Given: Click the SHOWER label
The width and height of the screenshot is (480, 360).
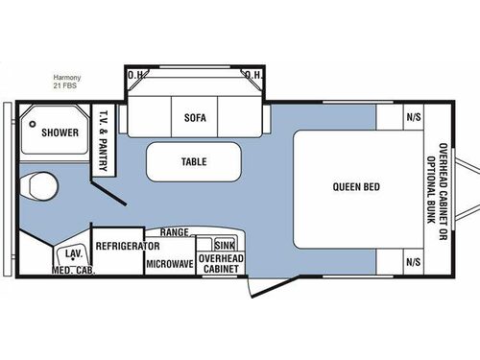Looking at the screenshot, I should (59, 132).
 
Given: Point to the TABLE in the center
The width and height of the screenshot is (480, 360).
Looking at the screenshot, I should (194, 162).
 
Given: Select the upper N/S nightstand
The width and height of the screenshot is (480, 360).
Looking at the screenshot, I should (413, 117).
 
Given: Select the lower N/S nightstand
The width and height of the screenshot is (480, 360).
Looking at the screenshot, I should (413, 261).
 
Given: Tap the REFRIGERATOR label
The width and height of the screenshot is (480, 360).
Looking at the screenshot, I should (127, 246).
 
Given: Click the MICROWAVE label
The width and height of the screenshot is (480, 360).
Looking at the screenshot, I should (170, 262).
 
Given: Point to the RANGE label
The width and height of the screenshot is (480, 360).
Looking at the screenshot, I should (174, 232).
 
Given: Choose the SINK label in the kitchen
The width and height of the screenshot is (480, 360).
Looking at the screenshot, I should (225, 247).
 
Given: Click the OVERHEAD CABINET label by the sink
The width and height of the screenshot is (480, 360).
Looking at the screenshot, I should (220, 264).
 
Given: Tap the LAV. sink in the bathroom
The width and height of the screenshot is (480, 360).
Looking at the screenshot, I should (73, 254).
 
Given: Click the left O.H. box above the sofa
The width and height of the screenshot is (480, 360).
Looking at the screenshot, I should (135, 76).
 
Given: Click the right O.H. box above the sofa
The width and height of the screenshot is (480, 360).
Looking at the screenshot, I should (253, 76).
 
